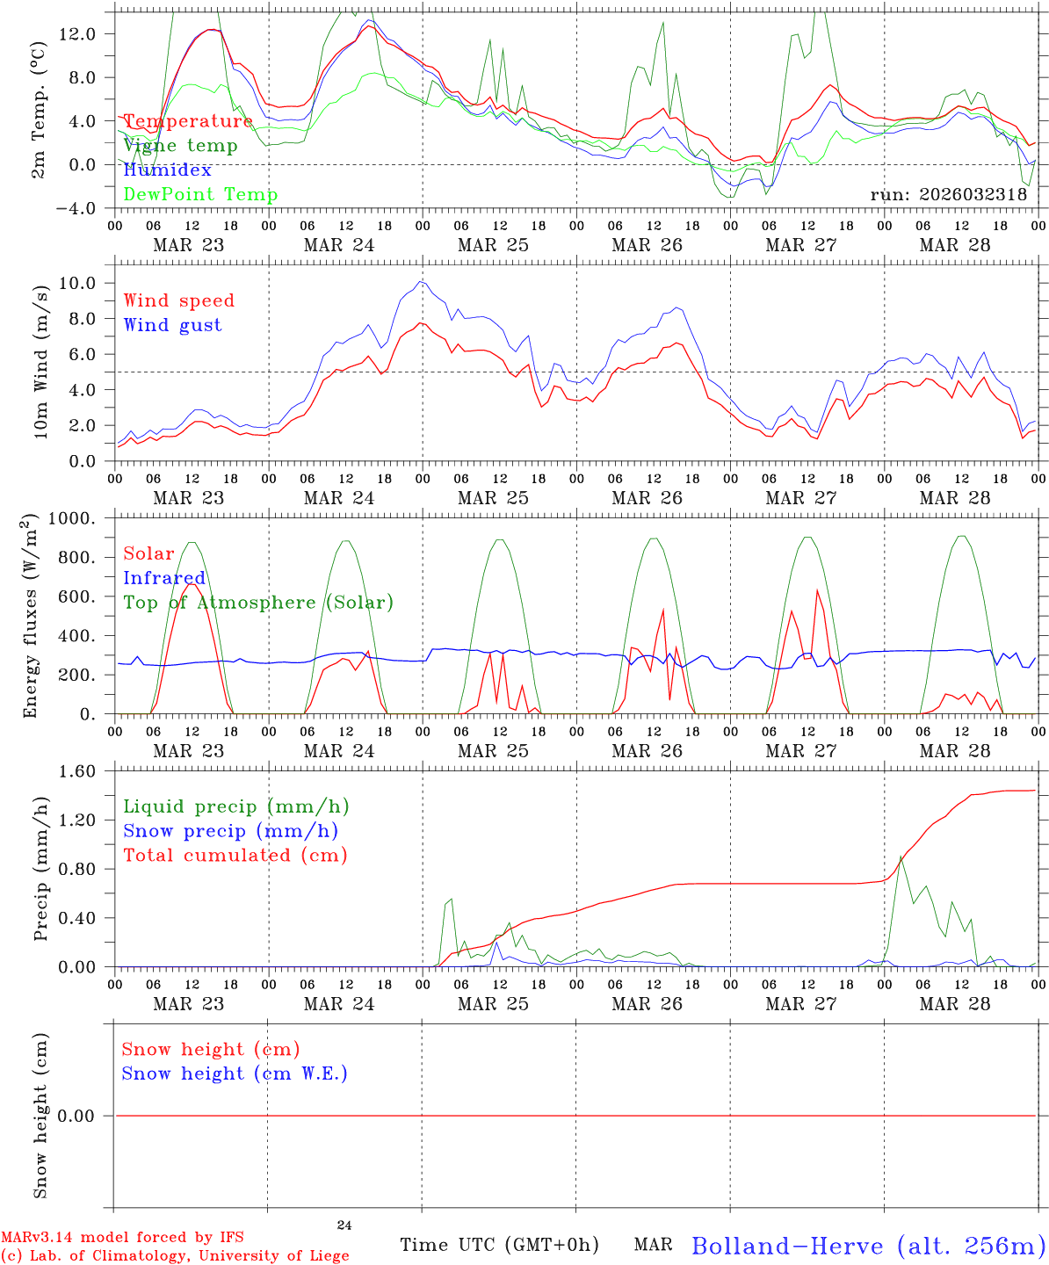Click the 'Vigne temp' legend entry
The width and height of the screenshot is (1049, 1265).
click(180, 146)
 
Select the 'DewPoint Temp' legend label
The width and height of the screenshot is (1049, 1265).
click(200, 194)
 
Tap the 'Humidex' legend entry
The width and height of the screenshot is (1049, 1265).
click(167, 170)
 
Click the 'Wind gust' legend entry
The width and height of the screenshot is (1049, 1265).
click(172, 325)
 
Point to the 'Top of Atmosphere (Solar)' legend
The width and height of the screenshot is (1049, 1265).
click(258, 603)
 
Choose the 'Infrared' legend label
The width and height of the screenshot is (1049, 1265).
click(164, 578)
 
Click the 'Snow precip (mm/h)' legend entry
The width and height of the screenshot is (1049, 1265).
click(231, 831)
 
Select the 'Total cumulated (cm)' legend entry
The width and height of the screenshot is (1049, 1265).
click(235, 856)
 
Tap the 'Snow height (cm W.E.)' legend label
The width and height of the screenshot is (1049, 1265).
click(235, 1073)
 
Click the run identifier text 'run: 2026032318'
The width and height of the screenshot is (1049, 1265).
click(949, 195)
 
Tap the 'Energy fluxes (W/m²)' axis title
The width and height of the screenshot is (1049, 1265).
click(32, 616)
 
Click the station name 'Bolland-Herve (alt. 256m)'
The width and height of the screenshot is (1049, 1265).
click(868, 1246)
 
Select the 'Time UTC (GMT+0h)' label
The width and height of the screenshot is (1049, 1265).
click(499, 1245)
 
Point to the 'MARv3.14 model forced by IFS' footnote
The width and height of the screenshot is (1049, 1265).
click(122, 1238)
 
